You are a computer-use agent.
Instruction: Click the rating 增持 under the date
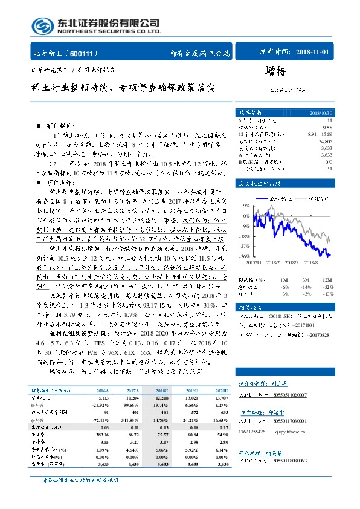275,71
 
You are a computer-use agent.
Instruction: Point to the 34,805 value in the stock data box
324,140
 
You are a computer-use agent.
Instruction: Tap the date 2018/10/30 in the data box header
321,113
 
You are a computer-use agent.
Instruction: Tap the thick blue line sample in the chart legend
260,198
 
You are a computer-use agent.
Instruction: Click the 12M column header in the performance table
327,280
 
